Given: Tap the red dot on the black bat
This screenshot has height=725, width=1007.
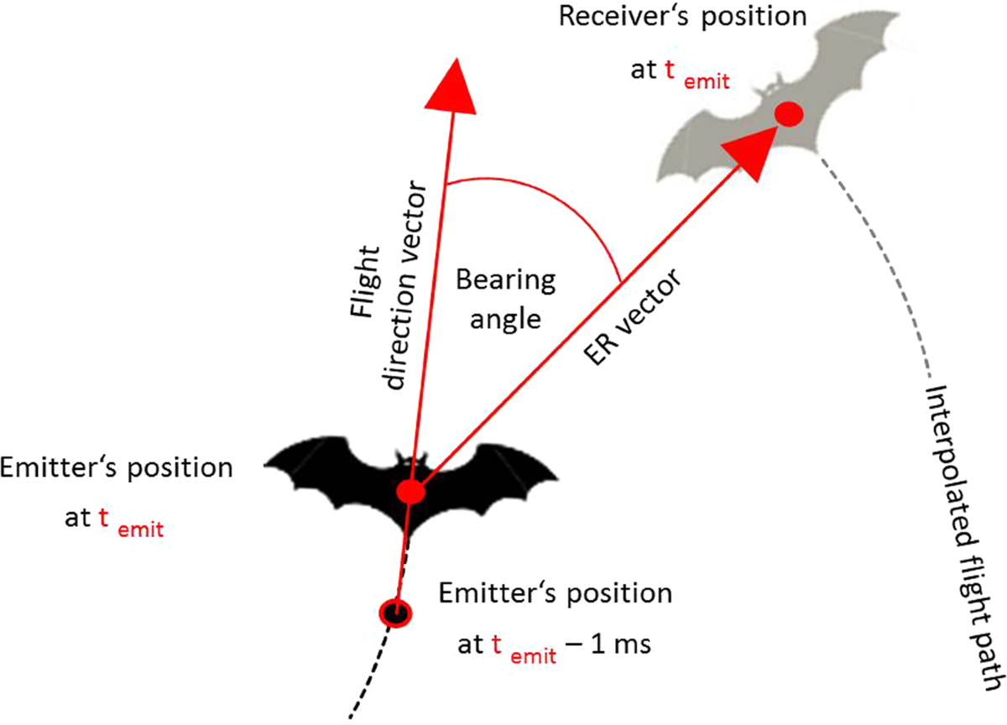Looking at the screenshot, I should point(410,492).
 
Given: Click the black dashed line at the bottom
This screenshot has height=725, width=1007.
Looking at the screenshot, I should point(369,680).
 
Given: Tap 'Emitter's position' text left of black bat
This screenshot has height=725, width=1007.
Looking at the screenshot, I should point(117,467).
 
